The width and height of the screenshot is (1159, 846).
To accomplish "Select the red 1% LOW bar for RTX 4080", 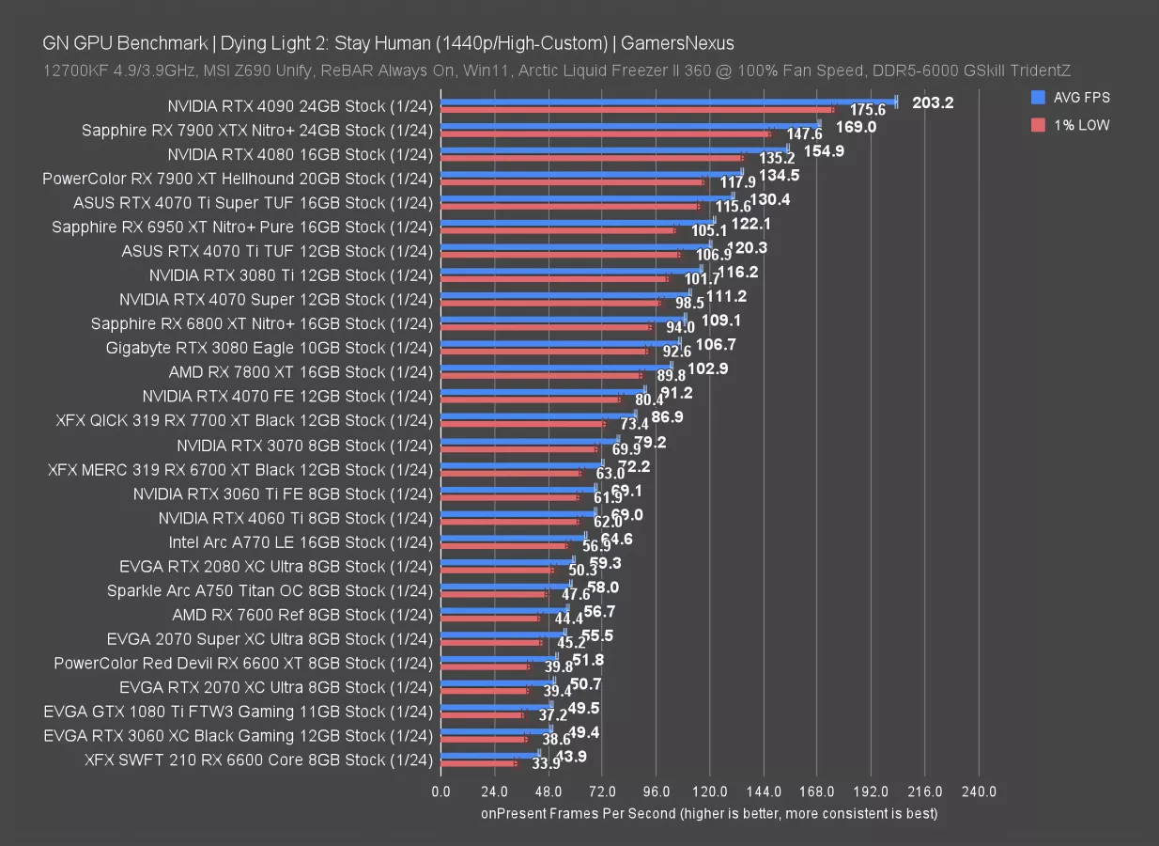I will [592, 158].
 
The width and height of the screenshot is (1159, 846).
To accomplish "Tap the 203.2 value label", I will [932, 102].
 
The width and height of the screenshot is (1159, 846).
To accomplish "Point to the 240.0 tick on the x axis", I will [979, 792].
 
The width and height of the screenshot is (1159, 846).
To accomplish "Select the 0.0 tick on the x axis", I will [440, 792].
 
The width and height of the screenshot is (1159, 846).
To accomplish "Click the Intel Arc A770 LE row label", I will [301, 542].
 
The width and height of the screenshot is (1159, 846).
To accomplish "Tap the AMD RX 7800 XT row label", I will [301, 372].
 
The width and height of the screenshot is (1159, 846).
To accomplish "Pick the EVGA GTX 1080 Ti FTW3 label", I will [239, 712].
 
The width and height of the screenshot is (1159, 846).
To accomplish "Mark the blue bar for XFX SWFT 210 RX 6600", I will [489, 753].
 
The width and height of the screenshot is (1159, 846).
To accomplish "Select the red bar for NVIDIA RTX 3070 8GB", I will [518, 449].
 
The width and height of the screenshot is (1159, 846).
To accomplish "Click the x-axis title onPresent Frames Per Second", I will [709, 813].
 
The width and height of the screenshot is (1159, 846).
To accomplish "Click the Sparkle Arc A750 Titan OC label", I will [270, 591].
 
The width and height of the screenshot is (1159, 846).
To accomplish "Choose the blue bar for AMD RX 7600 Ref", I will [503, 608].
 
